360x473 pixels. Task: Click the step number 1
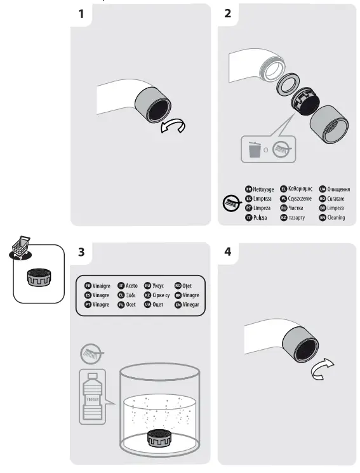click(x=81, y=15)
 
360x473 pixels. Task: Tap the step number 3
click(x=81, y=252)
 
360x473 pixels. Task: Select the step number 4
click(x=228, y=252)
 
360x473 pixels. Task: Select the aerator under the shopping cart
click(x=38, y=277)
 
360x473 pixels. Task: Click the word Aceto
click(x=131, y=286)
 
